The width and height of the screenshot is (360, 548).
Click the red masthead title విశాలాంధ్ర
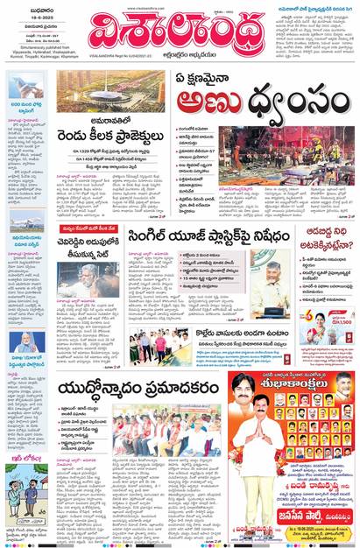pyautogui.click(x=175, y=33)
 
